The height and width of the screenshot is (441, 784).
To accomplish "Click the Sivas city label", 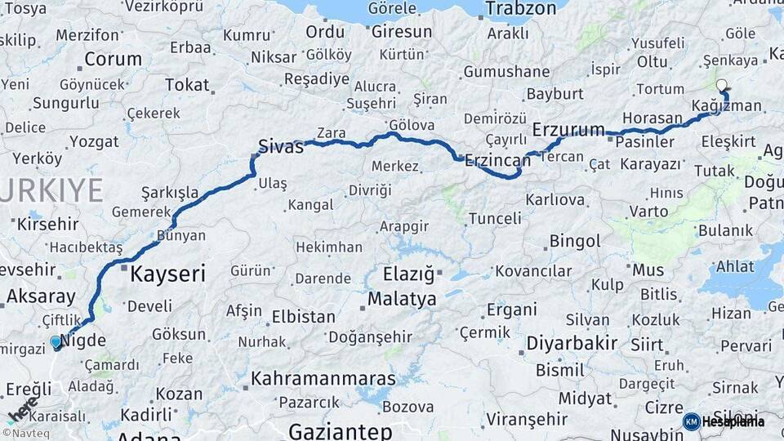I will coord(280,147).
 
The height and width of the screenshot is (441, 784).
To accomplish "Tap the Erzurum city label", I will coord(568,130).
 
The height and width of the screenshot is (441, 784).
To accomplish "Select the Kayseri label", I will coord(167,274).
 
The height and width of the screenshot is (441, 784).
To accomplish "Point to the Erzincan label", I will coord(497,161).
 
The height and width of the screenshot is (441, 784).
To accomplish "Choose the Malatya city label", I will coord(402,299).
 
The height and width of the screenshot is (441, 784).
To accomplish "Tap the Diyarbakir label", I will coord(572,343).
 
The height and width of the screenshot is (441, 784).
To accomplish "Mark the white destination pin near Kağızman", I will coord(721,85).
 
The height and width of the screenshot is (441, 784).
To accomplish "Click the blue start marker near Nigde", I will coord(56,342).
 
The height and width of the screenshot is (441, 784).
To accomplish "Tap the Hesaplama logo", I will coord(724,421).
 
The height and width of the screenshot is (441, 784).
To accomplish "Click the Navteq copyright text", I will coord(25,434).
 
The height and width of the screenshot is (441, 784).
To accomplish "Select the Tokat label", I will coord(187,85).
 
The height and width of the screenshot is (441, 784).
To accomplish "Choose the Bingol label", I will coord(575,241).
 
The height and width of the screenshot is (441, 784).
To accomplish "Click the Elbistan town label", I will coord(303,316).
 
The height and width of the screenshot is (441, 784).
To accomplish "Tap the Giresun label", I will coord(402,32).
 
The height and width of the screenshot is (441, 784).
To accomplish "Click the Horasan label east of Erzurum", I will coord(652,118).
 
